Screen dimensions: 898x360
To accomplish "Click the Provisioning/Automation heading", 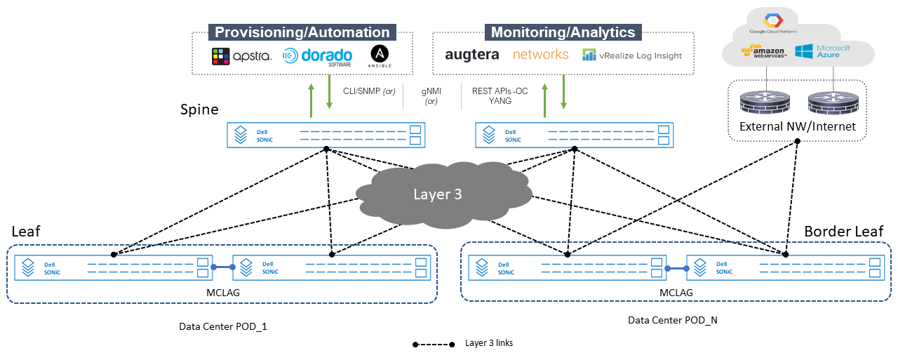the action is pyautogui.click(x=302, y=32).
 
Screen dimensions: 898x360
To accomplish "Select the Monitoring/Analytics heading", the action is pyautogui.click(x=563, y=32).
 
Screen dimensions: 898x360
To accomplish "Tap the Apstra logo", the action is pyautogui.click(x=241, y=56).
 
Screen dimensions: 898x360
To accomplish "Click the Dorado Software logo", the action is pyautogui.click(x=318, y=57).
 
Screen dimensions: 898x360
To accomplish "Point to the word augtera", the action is pyautogui.click(x=472, y=55).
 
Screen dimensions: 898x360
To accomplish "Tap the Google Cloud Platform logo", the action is pyautogui.click(x=773, y=23).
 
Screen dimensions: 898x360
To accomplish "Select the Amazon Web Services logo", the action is pyautogui.click(x=764, y=52).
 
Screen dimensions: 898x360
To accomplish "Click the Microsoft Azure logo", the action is pyautogui.click(x=822, y=51).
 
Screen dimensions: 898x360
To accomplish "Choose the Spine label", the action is pyautogui.click(x=199, y=109).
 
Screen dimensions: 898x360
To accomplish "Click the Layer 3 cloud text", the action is pyautogui.click(x=437, y=194).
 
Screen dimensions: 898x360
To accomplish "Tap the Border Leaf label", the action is pyautogui.click(x=843, y=232).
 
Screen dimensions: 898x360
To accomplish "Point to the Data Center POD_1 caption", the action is pyautogui.click(x=223, y=326).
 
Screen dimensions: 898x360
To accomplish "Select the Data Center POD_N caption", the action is pyautogui.click(x=672, y=320).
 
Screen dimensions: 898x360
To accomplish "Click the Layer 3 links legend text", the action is pyautogui.click(x=489, y=342).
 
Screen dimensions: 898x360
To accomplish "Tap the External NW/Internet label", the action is pyautogui.click(x=798, y=126).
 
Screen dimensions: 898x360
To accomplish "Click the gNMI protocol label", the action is pyautogui.click(x=431, y=91).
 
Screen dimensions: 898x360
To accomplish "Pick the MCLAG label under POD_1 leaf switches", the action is pyautogui.click(x=223, y=293).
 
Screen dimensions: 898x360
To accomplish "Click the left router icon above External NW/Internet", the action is pyautogui.click(x=765, y=102).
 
